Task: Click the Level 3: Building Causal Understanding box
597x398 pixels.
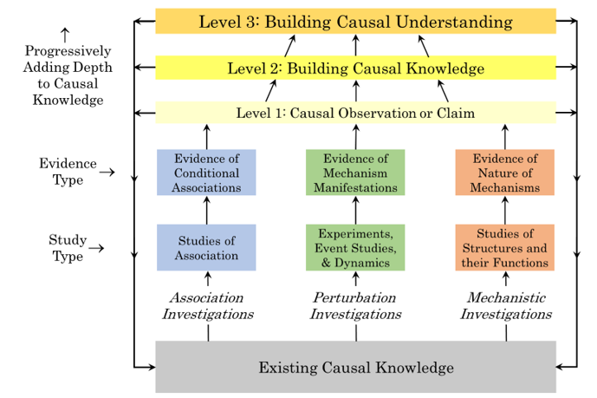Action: pos(355,21)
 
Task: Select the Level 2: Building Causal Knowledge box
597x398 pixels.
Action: pos(355,68)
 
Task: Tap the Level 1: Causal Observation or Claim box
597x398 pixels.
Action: pos(355,113)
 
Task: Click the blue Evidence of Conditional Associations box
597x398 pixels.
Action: pos(206,173)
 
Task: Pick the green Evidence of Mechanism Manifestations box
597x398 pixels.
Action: pos(355,173)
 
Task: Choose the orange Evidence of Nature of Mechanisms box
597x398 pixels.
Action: pos(505,173)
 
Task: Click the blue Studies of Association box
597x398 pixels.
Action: pos(206,247)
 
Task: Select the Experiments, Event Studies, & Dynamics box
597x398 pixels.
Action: pos(355,247)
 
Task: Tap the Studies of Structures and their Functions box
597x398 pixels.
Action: pos(505,247)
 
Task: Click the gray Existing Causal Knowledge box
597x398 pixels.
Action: pos(355,368)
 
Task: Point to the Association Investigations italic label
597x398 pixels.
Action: pos(207,305)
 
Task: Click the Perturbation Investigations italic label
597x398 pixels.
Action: pos(355,305)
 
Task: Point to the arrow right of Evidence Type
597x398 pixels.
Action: pos(107,173)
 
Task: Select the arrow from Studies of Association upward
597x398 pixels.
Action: pos(207,210)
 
